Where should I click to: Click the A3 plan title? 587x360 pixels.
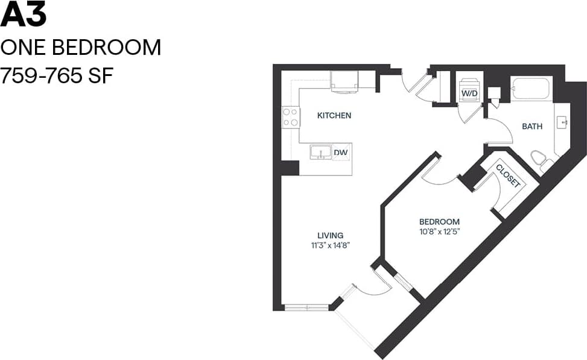(24, 15)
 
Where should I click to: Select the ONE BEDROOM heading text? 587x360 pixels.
(81, 47)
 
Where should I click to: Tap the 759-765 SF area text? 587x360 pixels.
(57, 76)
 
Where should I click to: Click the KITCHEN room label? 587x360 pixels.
(334, 115)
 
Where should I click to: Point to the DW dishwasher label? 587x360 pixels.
(341, 153)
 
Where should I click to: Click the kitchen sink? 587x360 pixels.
(320, 152)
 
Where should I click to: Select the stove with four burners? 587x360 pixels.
(291, 116)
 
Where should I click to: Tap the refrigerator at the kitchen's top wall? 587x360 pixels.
(344, 81)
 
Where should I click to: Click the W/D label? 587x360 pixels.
(469, 94)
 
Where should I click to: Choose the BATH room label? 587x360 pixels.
(531, 127)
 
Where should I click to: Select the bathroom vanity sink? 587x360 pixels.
(563, 123)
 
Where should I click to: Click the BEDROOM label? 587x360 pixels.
(439, 221)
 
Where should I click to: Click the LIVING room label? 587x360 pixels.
(331, 235)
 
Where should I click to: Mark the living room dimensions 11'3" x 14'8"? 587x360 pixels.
(331, 245)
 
